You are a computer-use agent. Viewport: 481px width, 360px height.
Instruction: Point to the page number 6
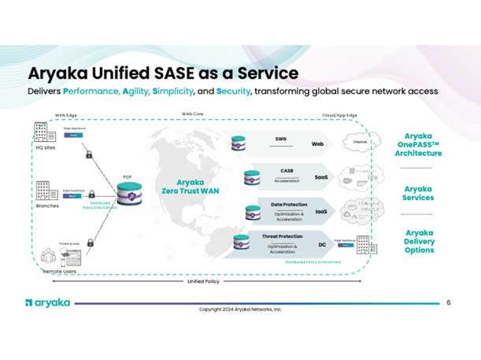pyautogui.click(x=448, y=302)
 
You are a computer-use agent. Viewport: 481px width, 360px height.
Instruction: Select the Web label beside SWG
pyautogui.click(x=318, y=144)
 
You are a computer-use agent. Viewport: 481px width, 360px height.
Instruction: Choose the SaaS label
pyautogui.click(x=321, y=177)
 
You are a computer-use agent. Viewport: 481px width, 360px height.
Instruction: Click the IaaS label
pyautogui.click(x=321, y=211)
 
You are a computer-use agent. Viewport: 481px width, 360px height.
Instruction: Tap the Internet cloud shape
pyautogui.click(x=363, y=142)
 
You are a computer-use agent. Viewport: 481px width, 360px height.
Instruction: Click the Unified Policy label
pyautogui.click(x=203, y=281)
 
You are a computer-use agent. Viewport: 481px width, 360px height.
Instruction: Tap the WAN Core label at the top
pyautogui.click(x=192, y=113)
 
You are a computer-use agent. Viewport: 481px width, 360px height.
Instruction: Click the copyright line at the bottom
pyautogui.click(x=240, y=310)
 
